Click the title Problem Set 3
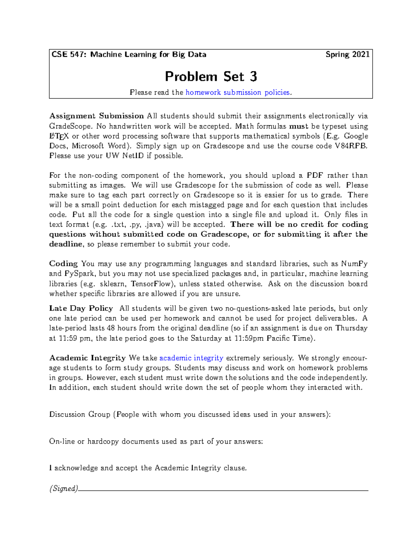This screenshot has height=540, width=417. (211, 76)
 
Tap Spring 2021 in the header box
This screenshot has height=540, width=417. (347, 55)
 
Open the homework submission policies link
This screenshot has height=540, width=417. (238, 92)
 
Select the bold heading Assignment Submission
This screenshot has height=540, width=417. (96, 116)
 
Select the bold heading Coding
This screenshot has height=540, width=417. (63, 264)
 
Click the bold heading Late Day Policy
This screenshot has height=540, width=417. (81, 308)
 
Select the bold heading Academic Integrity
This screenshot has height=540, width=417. (87, 358)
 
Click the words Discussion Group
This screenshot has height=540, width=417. (80, 414)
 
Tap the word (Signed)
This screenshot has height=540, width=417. (64, 489)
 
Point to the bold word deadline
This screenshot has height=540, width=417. (65, 244)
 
